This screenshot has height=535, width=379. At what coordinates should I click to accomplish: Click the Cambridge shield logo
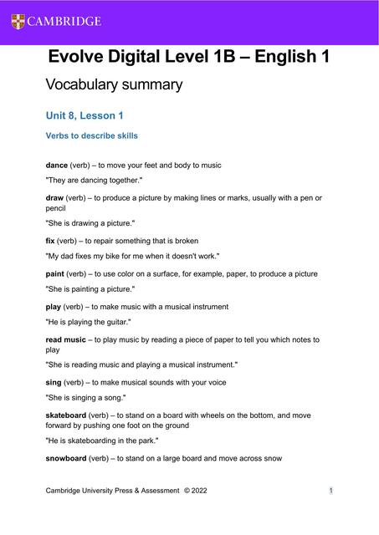coord(18,21)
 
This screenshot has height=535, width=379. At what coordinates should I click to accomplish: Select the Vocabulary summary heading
coord(113,84)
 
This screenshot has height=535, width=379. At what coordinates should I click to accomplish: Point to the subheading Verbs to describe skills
coord(91,135)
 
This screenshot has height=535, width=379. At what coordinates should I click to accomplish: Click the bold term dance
coord(56,165)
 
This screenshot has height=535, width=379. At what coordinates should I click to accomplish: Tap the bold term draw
coord(54,198)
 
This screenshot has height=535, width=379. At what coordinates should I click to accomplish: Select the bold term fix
coord(49,240)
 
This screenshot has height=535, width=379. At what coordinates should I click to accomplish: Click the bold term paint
coord(55,273)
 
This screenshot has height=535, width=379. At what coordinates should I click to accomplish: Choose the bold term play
coord(54,307)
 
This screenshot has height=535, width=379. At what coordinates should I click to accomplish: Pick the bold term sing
coord(54,382)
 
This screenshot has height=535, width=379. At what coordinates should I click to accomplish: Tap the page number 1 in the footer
coord(331,491)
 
